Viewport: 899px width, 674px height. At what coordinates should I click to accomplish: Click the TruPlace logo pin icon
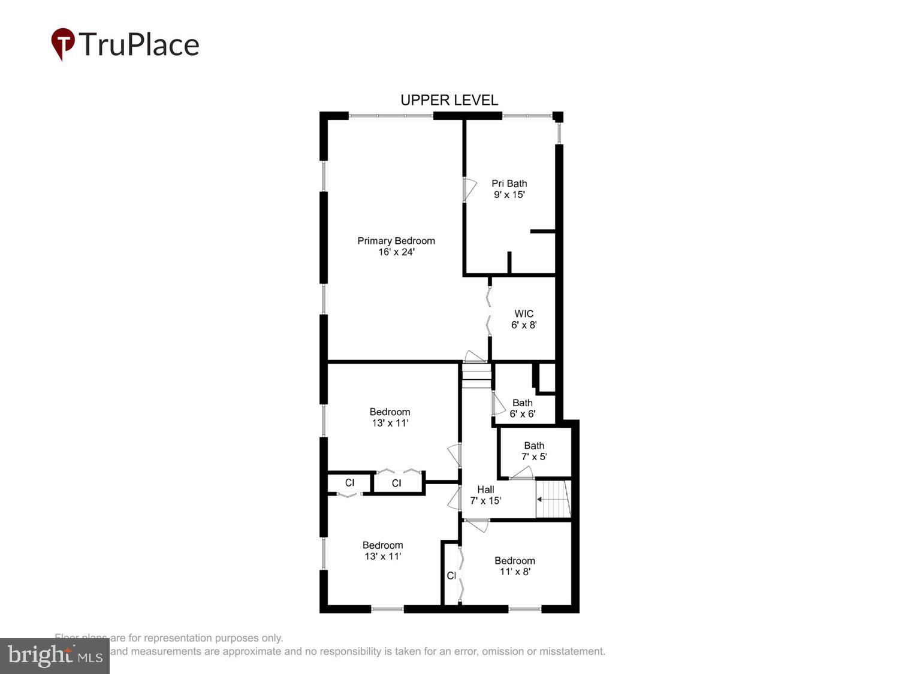63,43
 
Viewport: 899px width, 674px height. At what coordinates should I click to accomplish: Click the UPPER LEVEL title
449,100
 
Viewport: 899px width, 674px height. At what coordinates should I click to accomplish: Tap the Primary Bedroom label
396,241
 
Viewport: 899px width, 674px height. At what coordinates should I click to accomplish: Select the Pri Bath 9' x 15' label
509,189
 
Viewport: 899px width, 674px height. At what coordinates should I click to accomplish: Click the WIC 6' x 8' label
524,319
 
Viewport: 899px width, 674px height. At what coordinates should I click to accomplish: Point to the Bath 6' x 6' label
523,408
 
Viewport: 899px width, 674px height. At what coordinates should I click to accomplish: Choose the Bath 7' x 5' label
534,451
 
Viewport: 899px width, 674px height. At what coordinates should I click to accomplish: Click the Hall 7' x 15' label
485,495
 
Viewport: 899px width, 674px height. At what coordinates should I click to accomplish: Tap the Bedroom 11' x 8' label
515,566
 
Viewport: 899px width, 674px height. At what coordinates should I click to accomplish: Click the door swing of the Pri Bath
469,189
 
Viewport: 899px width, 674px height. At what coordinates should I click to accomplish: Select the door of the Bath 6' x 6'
497,403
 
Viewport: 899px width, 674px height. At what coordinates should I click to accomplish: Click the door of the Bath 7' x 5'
521,474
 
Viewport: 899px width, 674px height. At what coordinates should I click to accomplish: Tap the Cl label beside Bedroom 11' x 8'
451,576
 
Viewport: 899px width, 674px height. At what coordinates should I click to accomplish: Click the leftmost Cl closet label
349,482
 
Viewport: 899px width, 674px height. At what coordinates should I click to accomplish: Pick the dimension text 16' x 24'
396,252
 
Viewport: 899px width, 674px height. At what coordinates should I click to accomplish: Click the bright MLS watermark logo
55,655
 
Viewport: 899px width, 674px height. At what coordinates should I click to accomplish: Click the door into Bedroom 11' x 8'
477,524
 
